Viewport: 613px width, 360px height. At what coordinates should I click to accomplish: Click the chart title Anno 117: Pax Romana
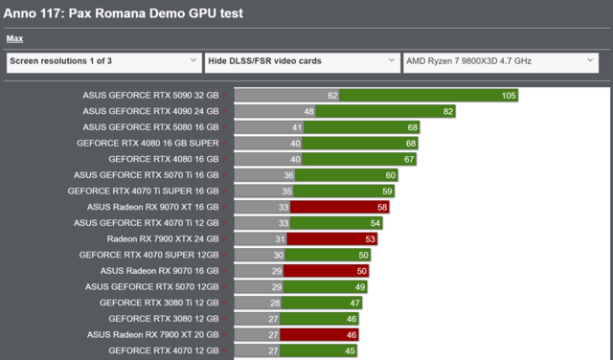pos(124,14)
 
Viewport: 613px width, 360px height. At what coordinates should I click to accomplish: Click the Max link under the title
pos(14,39)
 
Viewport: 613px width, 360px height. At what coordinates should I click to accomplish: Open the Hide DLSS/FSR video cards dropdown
pos(302,61)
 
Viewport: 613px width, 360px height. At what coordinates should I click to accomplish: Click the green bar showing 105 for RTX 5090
pos(430,96)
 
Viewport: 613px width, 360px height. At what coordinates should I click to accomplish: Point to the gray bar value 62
pos(332,96)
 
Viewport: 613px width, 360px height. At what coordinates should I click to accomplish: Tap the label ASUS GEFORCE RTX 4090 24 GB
pos(150,111)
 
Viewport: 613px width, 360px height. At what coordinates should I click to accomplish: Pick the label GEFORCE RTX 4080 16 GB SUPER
pos(148,143)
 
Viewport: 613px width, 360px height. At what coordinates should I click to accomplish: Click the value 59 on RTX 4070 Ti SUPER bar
pos(387,191)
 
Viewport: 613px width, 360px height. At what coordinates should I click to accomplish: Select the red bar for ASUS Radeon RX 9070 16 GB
pos(329,271)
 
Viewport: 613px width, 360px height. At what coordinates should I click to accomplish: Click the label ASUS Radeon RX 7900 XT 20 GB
pos(152,334)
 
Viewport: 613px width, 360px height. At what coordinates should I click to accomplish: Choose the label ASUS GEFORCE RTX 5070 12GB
pos(151,286)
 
